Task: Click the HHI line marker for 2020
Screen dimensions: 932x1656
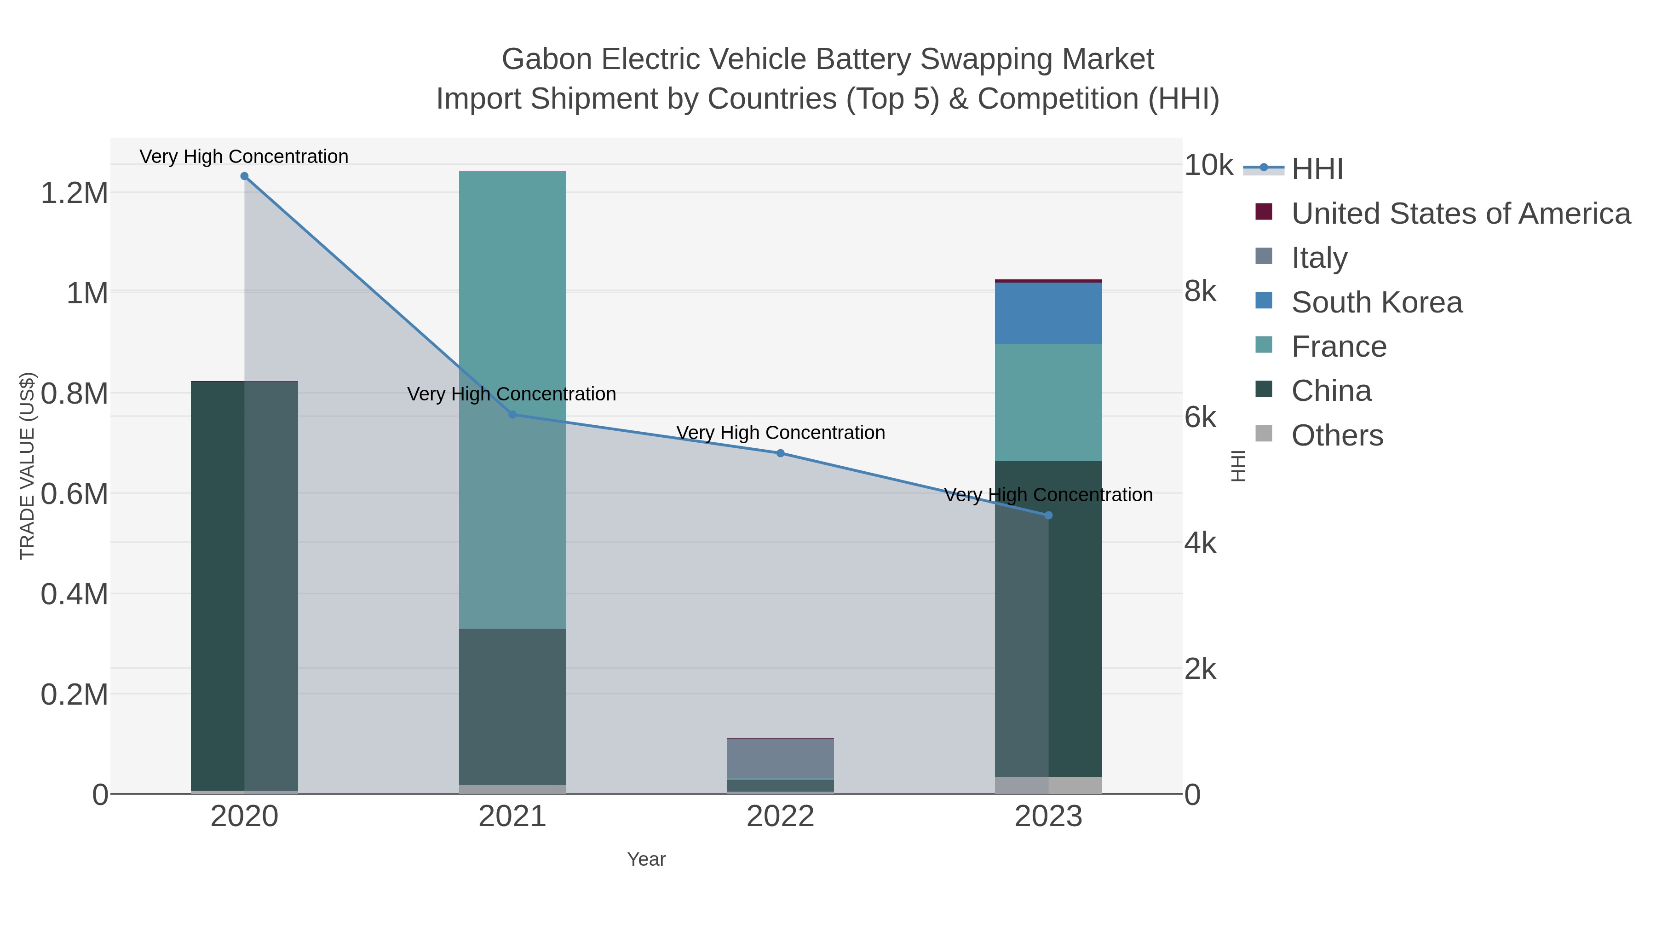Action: [x=244, y=176]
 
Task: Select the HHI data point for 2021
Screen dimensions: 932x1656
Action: [x=512, y=414]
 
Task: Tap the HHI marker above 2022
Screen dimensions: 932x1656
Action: [x=781, y=453]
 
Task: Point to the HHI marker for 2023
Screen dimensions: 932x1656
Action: [x=1048, y=515]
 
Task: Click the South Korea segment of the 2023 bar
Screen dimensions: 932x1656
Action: [x=1048, y=313]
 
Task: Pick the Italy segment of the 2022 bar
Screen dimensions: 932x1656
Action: [x=781, y=759]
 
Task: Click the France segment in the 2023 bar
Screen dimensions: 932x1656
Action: [x=1048, y=402]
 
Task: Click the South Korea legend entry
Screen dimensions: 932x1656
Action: [x=1376, y=302]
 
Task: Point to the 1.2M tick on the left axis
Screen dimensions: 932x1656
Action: [x=75, y=193]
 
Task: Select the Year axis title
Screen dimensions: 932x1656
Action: [x=646, y=859]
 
